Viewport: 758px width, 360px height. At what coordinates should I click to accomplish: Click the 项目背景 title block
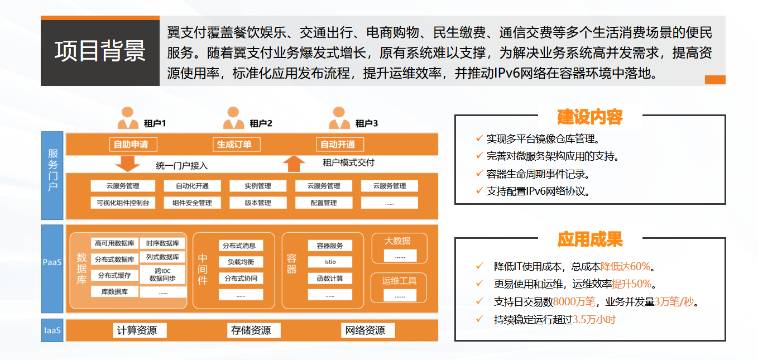click(100, 51)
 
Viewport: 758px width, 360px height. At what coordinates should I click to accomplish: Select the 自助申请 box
click(132, 144)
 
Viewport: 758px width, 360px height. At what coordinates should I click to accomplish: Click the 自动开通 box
click(338, 144)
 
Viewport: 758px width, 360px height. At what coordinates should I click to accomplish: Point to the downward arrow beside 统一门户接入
click(127, 164)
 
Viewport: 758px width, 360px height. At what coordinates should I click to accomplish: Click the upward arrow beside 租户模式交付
click(294, 164)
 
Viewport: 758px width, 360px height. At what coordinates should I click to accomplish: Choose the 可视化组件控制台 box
click(123, 203)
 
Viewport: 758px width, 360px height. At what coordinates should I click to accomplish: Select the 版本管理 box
click(257, 203)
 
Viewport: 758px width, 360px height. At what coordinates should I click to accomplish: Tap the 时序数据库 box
click(162, 243)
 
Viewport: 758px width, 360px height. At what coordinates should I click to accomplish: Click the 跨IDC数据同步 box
click(162, 274)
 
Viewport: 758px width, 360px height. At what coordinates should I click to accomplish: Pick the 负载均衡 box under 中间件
click(241, 262)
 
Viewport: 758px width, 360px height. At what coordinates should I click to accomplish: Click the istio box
click(330, 262)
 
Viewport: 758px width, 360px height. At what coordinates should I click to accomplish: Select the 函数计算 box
click(330, 278)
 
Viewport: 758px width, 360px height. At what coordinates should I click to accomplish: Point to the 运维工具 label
click(400, 281)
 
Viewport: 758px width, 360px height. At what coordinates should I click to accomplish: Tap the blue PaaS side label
click(52, 261)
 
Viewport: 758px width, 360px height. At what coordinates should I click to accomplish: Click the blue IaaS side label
click(52, 330)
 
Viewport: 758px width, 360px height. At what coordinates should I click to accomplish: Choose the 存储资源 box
click(251, 330)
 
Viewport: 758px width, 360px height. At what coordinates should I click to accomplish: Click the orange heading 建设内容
click(590, 117)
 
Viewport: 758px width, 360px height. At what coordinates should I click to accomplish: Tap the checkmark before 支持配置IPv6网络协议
click(479, 191)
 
